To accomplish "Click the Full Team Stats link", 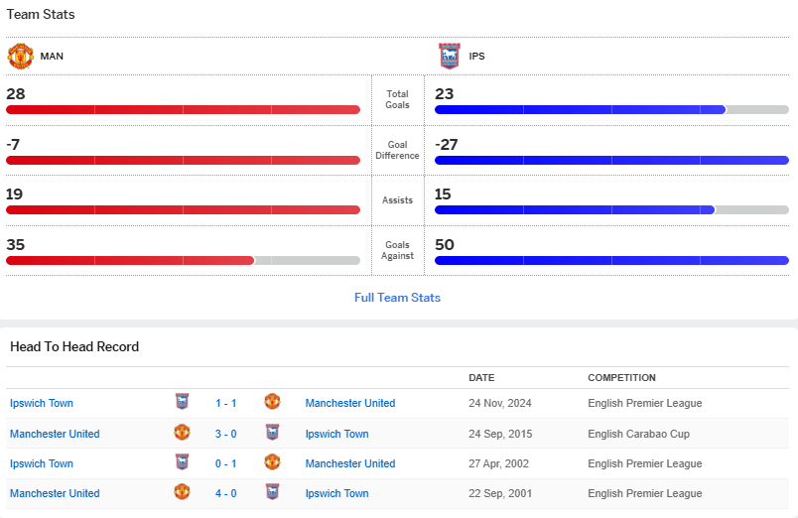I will point(397,298).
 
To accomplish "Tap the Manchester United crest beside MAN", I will point(20,56).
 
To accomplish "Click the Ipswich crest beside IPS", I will point(449,56).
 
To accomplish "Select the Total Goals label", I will point(397,99).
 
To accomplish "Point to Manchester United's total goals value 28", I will point(16,94).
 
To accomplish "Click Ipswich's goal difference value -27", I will point(447,145).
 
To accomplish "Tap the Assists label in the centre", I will point(397,200).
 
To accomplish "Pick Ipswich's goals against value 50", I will point(445,245).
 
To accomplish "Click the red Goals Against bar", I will point(130,260).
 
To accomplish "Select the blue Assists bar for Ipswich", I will point(575,209).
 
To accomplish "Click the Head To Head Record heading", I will point(74,346).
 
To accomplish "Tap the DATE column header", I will point(481,378).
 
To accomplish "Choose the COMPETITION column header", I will point(621,378).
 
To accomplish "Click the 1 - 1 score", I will point(225,403).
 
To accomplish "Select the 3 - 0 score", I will point(225,434).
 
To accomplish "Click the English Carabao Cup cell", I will point(638,434).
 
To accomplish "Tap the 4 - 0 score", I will point(225,493).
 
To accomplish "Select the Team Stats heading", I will point(41,15).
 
